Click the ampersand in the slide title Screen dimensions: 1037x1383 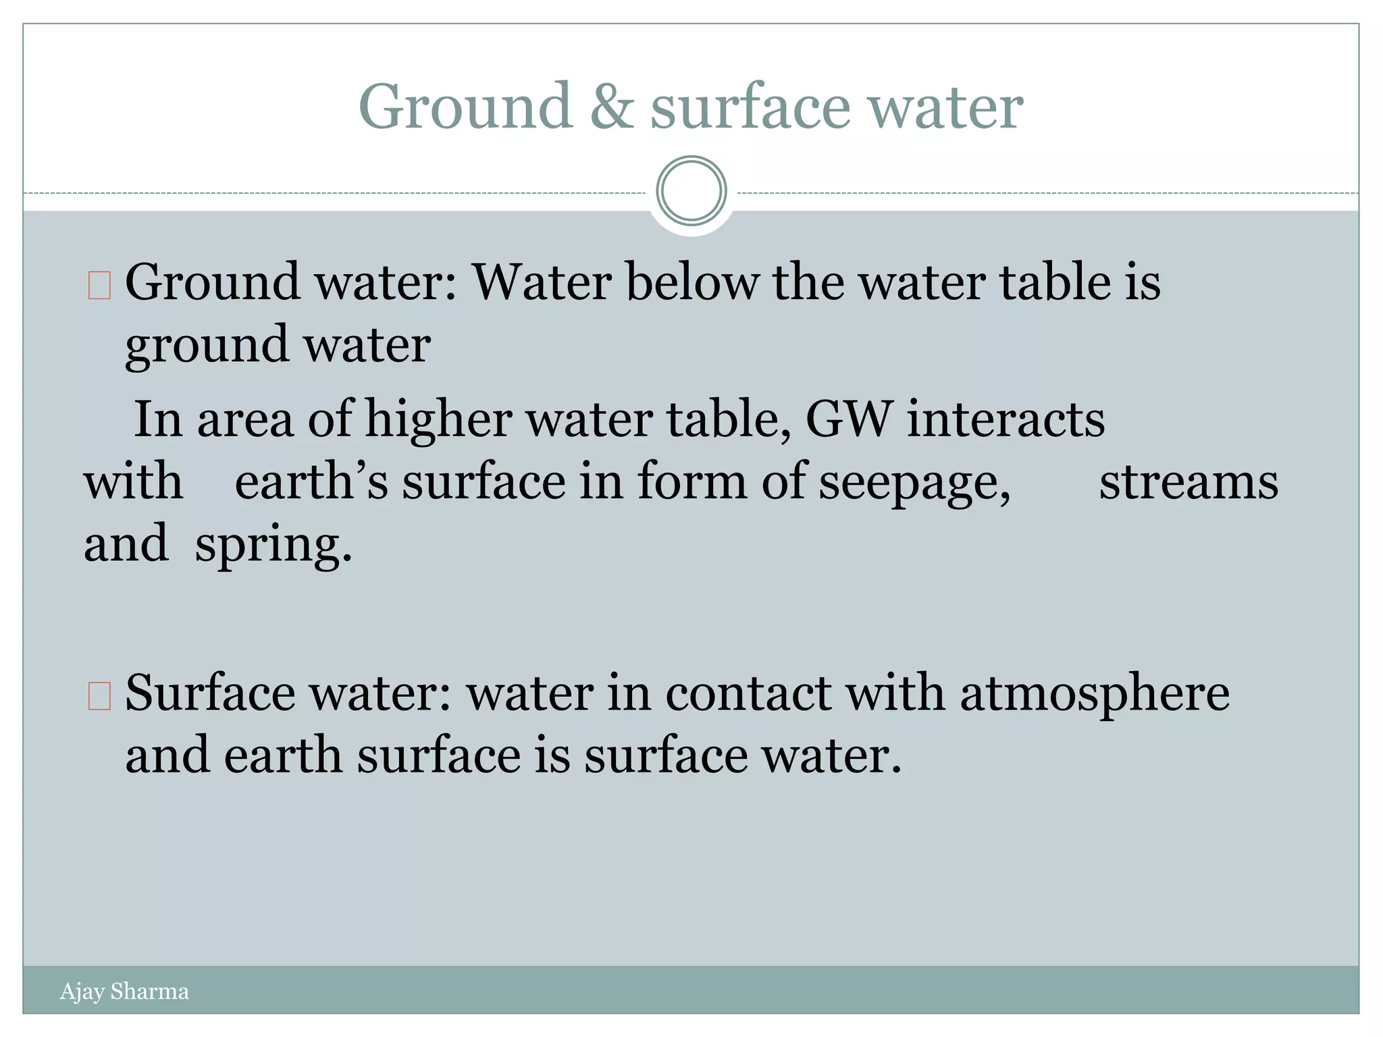(612, 106)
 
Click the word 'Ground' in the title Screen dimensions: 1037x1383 (465, 106)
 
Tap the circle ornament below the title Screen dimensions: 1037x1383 (691, 190)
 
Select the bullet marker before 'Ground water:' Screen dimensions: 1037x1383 (99, 286)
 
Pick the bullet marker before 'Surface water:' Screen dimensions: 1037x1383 (99, 697)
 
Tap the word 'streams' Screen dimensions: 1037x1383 (1189, 482)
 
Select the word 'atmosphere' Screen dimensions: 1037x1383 (1095, 694)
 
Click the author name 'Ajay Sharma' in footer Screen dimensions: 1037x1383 (124, 992)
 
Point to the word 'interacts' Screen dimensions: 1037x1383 (1006, 419)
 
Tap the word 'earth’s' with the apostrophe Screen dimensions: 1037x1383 (311, 482)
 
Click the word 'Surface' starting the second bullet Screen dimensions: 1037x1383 (210, 693)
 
